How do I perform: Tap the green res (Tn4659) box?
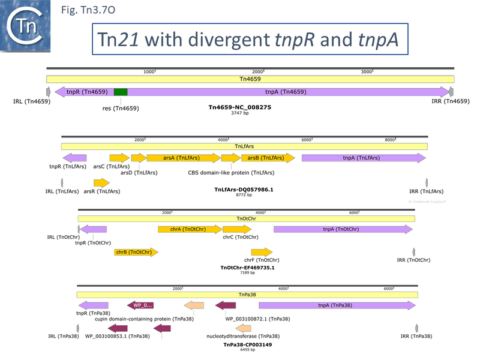click(121, 92)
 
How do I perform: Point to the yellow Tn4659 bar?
click(250, 79)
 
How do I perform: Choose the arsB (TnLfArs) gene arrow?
click(268, 158)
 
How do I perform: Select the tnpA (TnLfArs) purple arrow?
click(364, 158)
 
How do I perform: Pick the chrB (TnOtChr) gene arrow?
click(136, 252)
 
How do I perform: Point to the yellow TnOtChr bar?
click(246, 219)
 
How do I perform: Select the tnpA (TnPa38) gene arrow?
click(336, 305)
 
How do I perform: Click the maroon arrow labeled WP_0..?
click(144, 305)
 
